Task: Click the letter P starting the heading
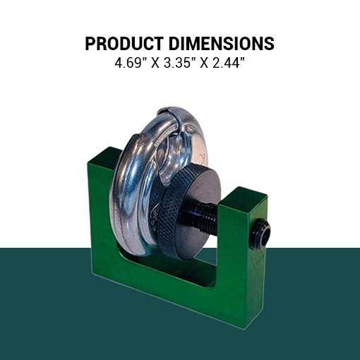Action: [x=90, y=44]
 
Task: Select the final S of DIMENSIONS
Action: [x=269, y=44]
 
